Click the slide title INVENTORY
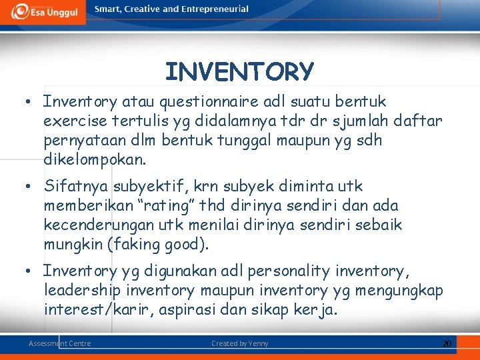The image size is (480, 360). pyautogui.click(x=239, y=71)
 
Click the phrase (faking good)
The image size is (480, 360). pyautogui.click(x=158, y=245)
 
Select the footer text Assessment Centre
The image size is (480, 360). pyautogui.click(x=60, y=343)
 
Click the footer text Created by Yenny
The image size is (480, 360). pyautogui.click(x=239, y=343)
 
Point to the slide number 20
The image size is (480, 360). pyautogui.click(x=447, y=343)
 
